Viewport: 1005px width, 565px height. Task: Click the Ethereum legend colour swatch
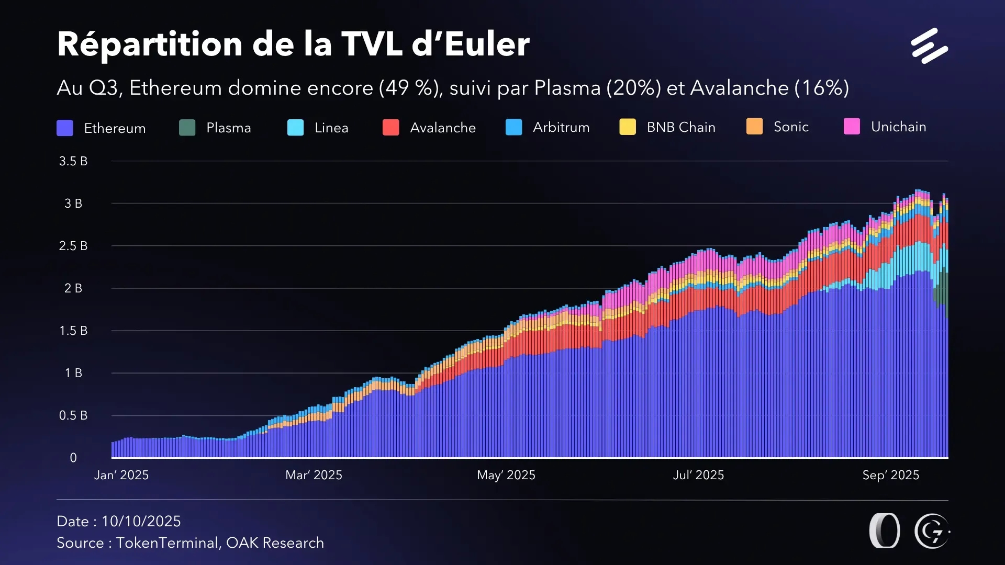[65, 128]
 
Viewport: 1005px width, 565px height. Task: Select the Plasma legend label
[228, 128]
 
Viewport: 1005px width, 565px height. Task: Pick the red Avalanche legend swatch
[390, 128]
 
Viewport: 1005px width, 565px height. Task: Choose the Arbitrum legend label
[561, 127]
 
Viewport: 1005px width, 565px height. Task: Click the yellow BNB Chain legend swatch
[627, 127]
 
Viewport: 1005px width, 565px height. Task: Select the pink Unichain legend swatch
[852, 127]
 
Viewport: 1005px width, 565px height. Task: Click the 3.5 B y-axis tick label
[73, 161]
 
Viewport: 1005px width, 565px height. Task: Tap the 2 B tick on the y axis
[73, 288]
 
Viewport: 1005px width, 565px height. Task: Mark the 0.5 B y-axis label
[73, 415]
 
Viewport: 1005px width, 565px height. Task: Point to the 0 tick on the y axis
[73, 458]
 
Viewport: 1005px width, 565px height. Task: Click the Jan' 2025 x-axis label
[121, 475]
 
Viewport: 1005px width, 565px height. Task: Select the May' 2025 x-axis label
[506, 475]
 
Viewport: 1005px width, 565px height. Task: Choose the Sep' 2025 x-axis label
[890, 475]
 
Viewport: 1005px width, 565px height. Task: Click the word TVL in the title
[371, 44]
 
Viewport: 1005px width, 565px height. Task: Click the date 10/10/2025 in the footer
[141, 521]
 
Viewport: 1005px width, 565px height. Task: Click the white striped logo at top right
[929, 46]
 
